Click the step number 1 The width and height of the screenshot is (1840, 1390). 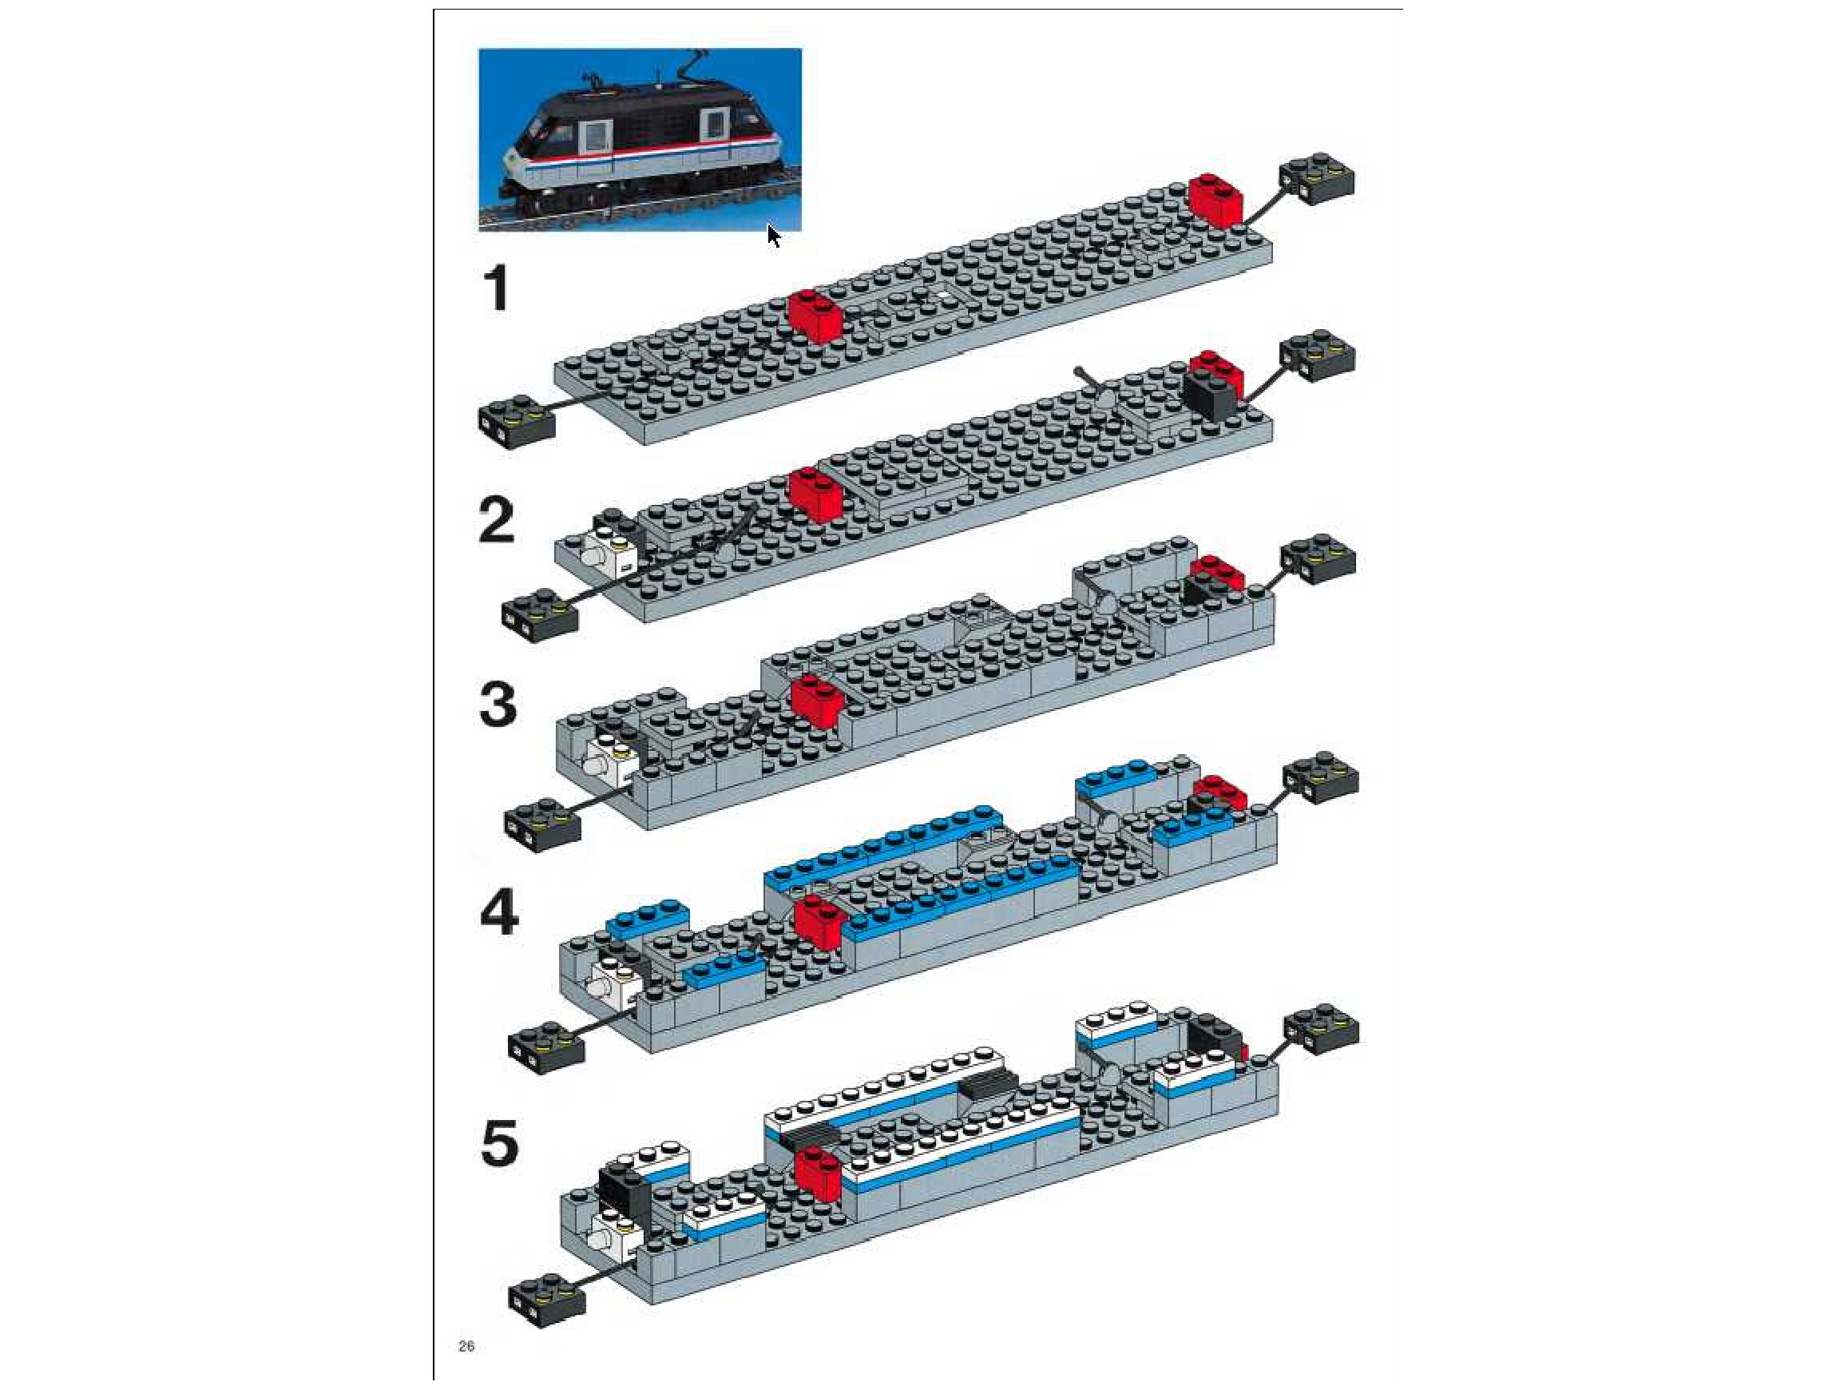pyautogui.click(x=497, y=288)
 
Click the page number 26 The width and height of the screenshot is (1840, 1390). pyautogui.click(x=466, y=1347)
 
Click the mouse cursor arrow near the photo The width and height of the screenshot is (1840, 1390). pyautogui.click(x=774, y=236)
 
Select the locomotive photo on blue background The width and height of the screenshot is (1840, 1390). pyautogui.click(x=640, y=139)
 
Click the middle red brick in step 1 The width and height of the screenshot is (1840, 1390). pyautogui.click(x=816, y=316)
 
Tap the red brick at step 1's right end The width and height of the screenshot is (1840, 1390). pyautogui.click(x=1215, y=201)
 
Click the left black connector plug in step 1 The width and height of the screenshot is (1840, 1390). pyautogui.click(x=517, y=423)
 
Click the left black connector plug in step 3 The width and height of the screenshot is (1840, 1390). pyautogui.click(x=542, y=824)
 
